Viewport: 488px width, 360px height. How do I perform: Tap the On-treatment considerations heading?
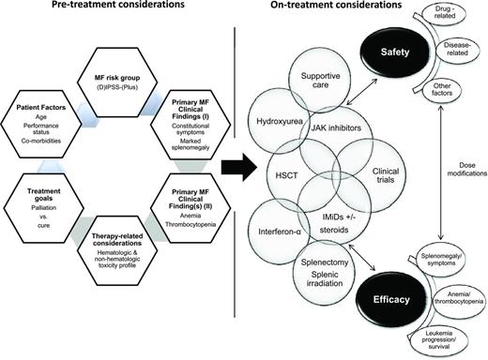tap(352, 9)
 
